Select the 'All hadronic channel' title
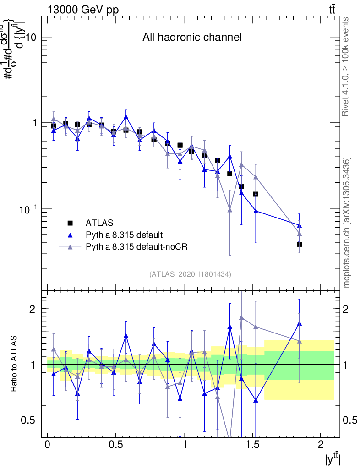click(x=192, y=37)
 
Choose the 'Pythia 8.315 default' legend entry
click(x=124, y=235)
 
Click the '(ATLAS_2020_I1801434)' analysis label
click(x=190, y=274)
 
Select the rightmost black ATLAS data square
click(x=300, y=244)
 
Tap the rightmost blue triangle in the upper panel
click(x=300, y=225)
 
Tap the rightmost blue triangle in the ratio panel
click(x=300, y=323)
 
